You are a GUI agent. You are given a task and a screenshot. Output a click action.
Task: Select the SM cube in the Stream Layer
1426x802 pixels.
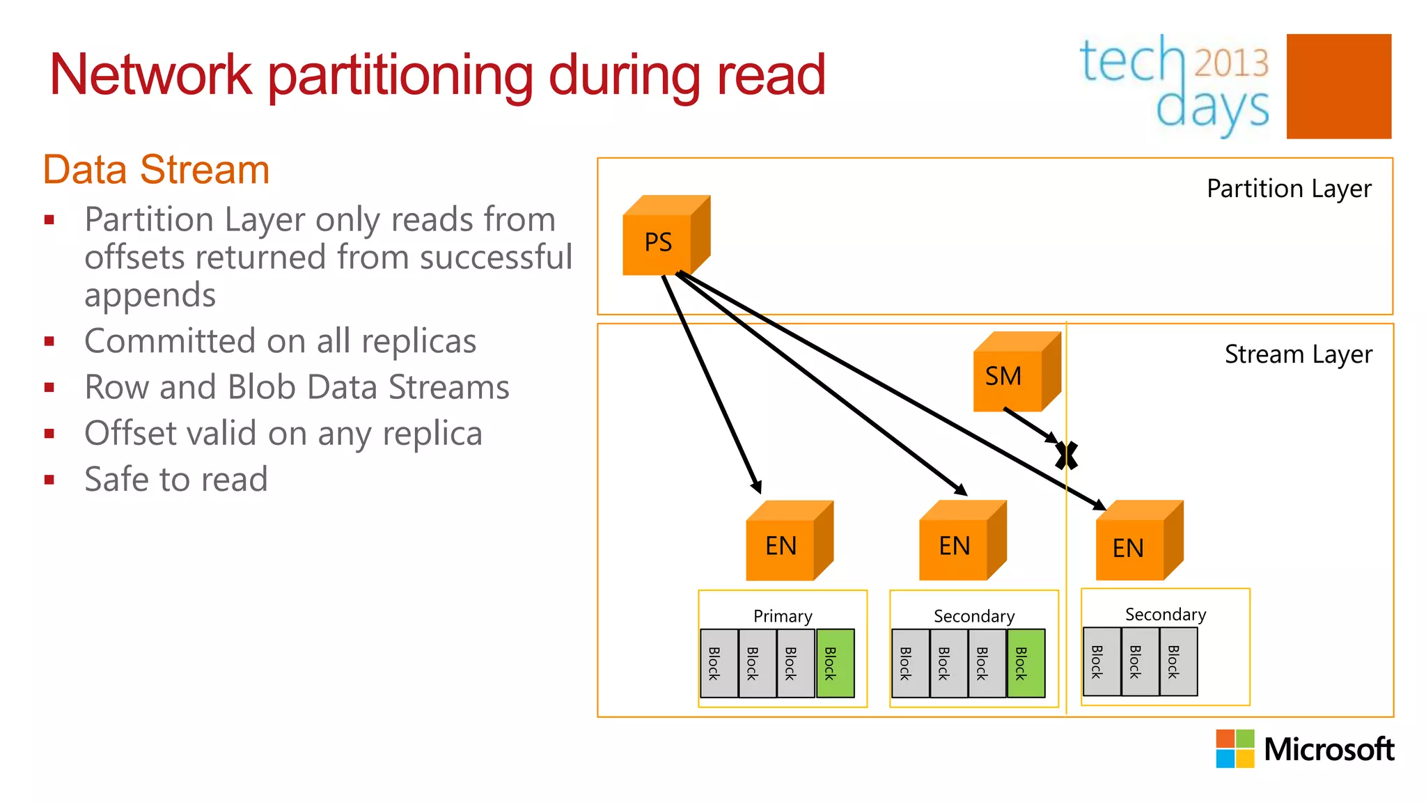coord(1010,376)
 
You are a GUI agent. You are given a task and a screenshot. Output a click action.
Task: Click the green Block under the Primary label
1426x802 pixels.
coord(834,663)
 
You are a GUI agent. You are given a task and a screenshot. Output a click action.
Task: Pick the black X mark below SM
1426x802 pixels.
coord(1067,455)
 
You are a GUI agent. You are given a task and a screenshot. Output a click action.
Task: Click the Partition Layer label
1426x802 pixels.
coord(1288,189)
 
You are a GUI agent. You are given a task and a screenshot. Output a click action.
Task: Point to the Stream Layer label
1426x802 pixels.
coord(1298,354)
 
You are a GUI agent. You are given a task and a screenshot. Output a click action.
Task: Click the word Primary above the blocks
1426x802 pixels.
coord(783,616)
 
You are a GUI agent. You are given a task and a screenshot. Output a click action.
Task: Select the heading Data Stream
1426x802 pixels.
coord(156,169)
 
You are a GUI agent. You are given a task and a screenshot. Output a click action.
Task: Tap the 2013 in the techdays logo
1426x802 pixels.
coord(1231,63)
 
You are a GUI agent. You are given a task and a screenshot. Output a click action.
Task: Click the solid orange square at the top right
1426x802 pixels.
coord(1338,86)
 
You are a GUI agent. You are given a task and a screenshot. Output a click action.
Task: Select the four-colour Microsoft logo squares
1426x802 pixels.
coord(1235,748)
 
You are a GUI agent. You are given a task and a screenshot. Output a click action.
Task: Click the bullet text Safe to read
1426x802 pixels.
coord(175,479)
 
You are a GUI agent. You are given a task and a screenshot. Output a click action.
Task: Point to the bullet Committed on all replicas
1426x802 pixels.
coord(280,341)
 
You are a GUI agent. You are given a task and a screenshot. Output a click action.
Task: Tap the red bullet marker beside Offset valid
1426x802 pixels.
coord(49,434)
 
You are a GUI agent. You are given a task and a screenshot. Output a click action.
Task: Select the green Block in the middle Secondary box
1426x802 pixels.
coord(1025,663)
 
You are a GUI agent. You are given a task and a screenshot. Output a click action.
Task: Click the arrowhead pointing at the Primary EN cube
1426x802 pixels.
coord(757,487)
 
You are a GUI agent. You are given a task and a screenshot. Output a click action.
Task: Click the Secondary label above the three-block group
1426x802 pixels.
coord(1165,614)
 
